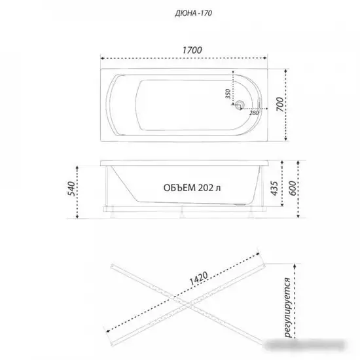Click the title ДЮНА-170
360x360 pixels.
point(193,13)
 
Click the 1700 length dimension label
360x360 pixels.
point(192,50)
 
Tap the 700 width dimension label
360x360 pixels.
point(279,105)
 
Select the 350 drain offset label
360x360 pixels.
point(228,94)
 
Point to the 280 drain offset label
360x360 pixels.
point(254,113)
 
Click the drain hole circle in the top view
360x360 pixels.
point(240,104)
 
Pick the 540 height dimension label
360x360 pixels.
point(72,189)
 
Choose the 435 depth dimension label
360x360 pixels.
point(274,189)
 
